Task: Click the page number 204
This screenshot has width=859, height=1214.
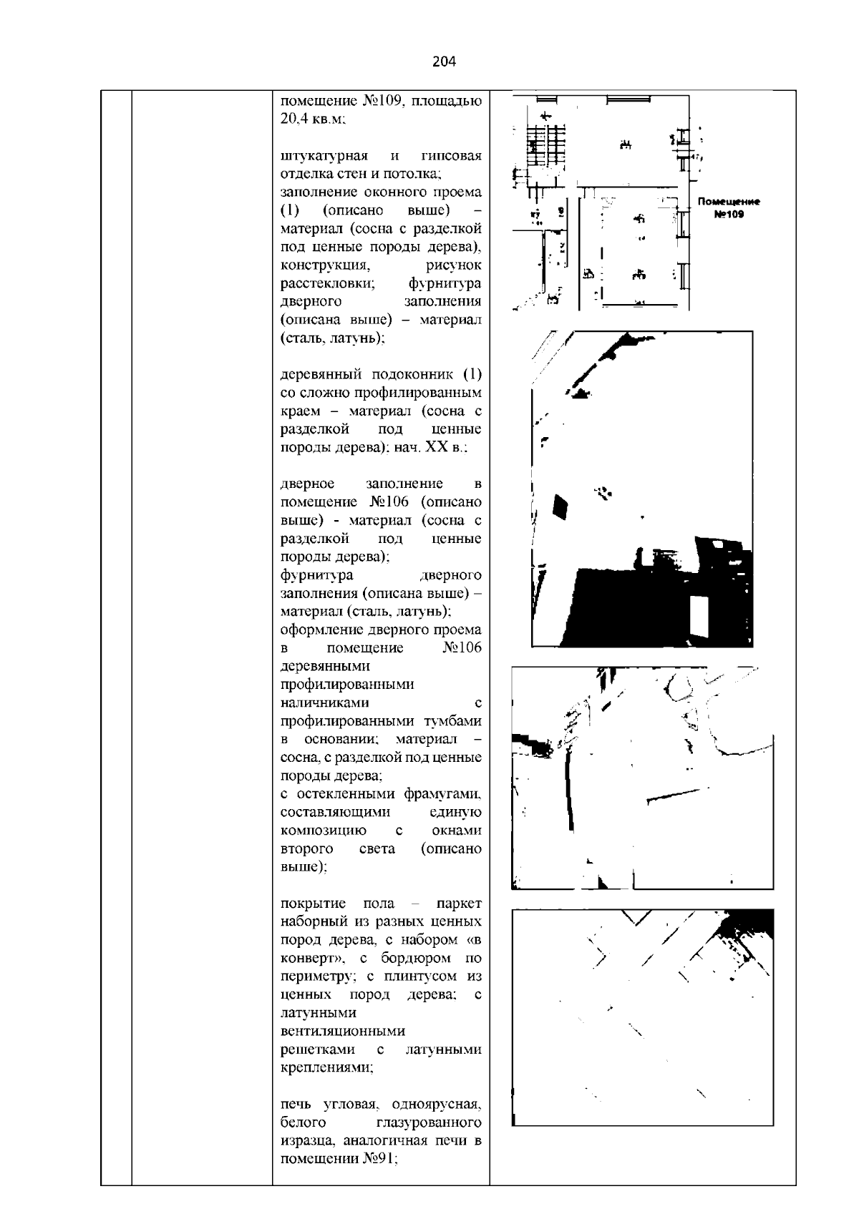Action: point(444,62)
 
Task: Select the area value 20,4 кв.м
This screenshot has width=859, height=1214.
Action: point(313,119)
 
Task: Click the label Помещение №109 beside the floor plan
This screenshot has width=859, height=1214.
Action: point(729,208)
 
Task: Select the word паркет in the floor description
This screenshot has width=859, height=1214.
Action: point(458,904)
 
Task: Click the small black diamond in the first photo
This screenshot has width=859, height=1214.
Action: point(560,507)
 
